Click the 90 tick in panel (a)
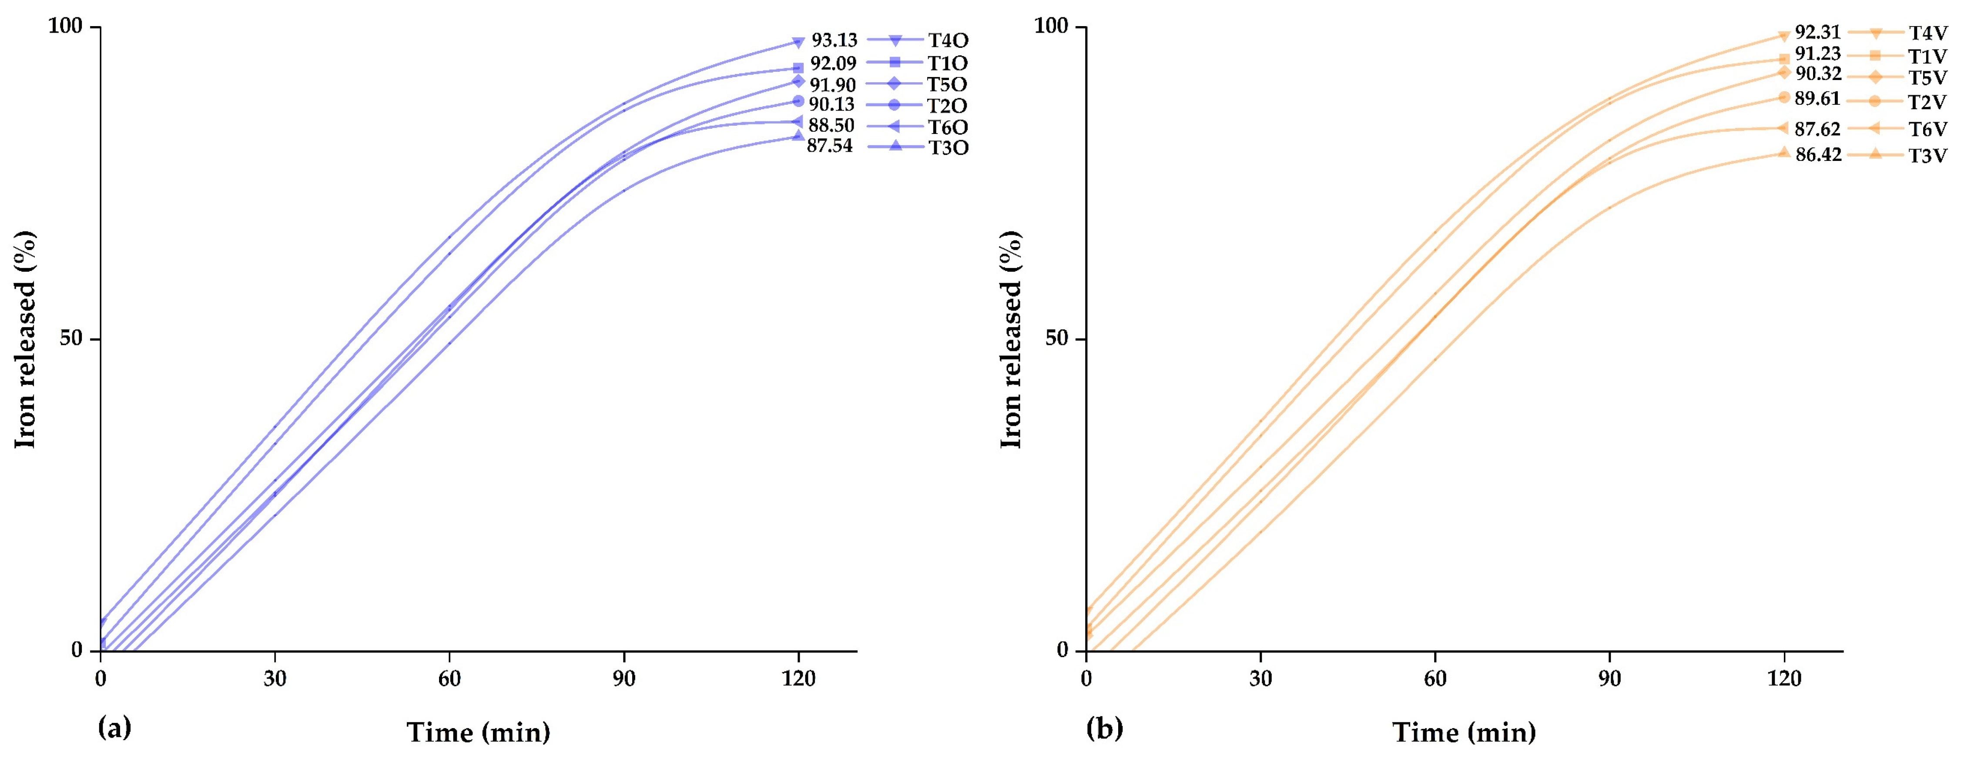click(x=624, y=678)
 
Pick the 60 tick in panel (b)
click(x=1435, y=678)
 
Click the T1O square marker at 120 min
click(x=798, y=68)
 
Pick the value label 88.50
click(x=831, y=125)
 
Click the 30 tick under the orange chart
click(x=1260, y=678)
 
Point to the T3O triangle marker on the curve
click(x=798, y=136)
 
